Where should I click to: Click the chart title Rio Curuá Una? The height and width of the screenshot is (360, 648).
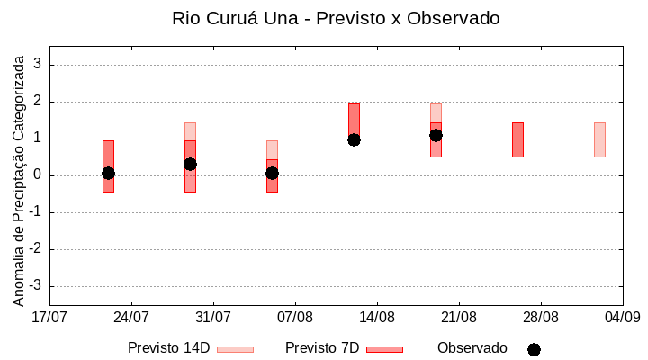coord(335,18)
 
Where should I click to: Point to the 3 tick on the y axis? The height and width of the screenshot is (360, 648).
coord(39,65)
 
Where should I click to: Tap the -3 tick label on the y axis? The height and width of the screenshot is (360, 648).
coord(36,286)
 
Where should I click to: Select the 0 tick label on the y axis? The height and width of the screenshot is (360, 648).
coord(39,175)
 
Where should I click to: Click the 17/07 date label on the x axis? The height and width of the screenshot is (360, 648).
coord(49,317)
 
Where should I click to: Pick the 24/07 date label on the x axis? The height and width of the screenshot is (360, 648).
coord(131,317)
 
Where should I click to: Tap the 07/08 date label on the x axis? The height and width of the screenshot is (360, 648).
coord(295,317)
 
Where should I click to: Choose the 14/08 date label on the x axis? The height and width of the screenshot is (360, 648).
coord(377,317)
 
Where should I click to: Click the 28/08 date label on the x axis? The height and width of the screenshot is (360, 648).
coord(541,317)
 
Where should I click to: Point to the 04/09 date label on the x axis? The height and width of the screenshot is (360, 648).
coord(622,317)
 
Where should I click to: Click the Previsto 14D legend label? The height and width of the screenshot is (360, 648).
coord(168,348)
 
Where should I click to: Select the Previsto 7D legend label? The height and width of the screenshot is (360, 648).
coord(322,348)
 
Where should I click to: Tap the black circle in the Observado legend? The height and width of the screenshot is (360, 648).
coord(534,349)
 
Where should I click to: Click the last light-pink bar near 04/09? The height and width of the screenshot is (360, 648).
coord(599,139)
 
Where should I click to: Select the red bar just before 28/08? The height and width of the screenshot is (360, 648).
coord(517,139)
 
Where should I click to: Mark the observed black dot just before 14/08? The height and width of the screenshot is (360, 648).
coord(354,139)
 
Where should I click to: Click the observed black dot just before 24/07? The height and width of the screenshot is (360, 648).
coord(108,173)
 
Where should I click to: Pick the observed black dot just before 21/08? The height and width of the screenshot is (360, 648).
coord(436,135)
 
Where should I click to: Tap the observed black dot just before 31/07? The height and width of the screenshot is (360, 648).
coord(190,164)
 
